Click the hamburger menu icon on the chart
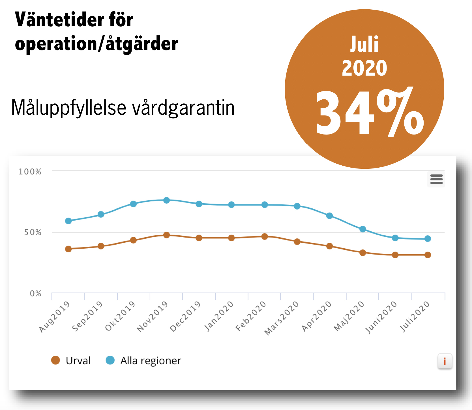point(436,179)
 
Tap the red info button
point(445,361)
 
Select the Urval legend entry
point(71,360)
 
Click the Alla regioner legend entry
point(143,360)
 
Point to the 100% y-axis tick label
point(30,172)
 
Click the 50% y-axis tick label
point(33,232)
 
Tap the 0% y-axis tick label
point(35,293)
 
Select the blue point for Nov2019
point(166,200)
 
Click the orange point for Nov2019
point(166,235)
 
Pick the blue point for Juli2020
point(428,239)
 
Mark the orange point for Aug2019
point(68,249)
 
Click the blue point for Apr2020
point(329,216)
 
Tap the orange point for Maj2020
point(362,253)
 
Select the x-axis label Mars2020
point(282,318)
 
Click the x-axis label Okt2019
point(120,316)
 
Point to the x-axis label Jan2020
point(219,316)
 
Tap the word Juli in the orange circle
point(364,44)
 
